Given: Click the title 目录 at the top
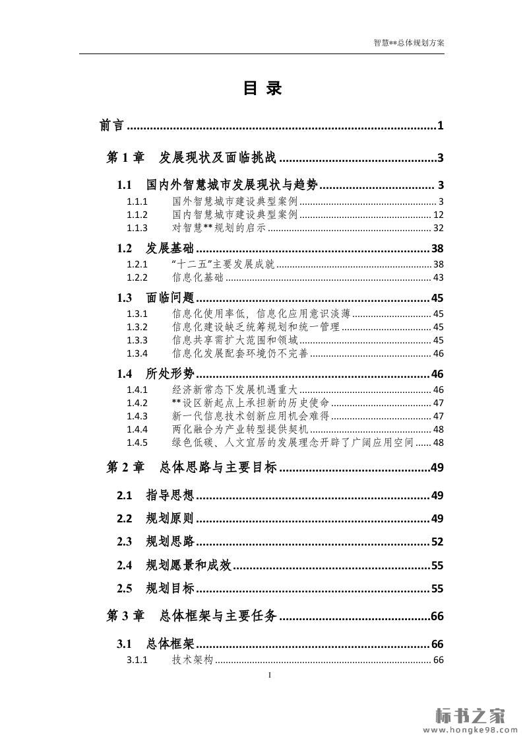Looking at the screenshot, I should pos(262,88).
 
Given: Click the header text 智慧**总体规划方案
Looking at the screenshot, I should pos(409,42).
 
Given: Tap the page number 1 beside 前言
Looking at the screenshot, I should pos(439,125).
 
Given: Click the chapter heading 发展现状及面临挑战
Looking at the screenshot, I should pos(218,158).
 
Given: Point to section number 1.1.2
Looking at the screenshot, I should pos(137,215).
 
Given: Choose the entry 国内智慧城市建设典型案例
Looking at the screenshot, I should pos(235,215).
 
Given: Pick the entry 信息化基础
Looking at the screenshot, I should pos(198,277).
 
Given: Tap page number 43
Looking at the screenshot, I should pos(439,277).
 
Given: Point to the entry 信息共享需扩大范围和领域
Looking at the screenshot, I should pos(235,340).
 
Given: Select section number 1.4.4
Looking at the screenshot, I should pos(137,429).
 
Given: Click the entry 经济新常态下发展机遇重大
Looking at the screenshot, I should pos(235,390).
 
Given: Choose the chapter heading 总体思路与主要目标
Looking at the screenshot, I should pos(218,468).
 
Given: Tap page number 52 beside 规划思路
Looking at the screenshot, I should pos(437,542).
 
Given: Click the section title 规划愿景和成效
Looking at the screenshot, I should pos(189,565).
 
